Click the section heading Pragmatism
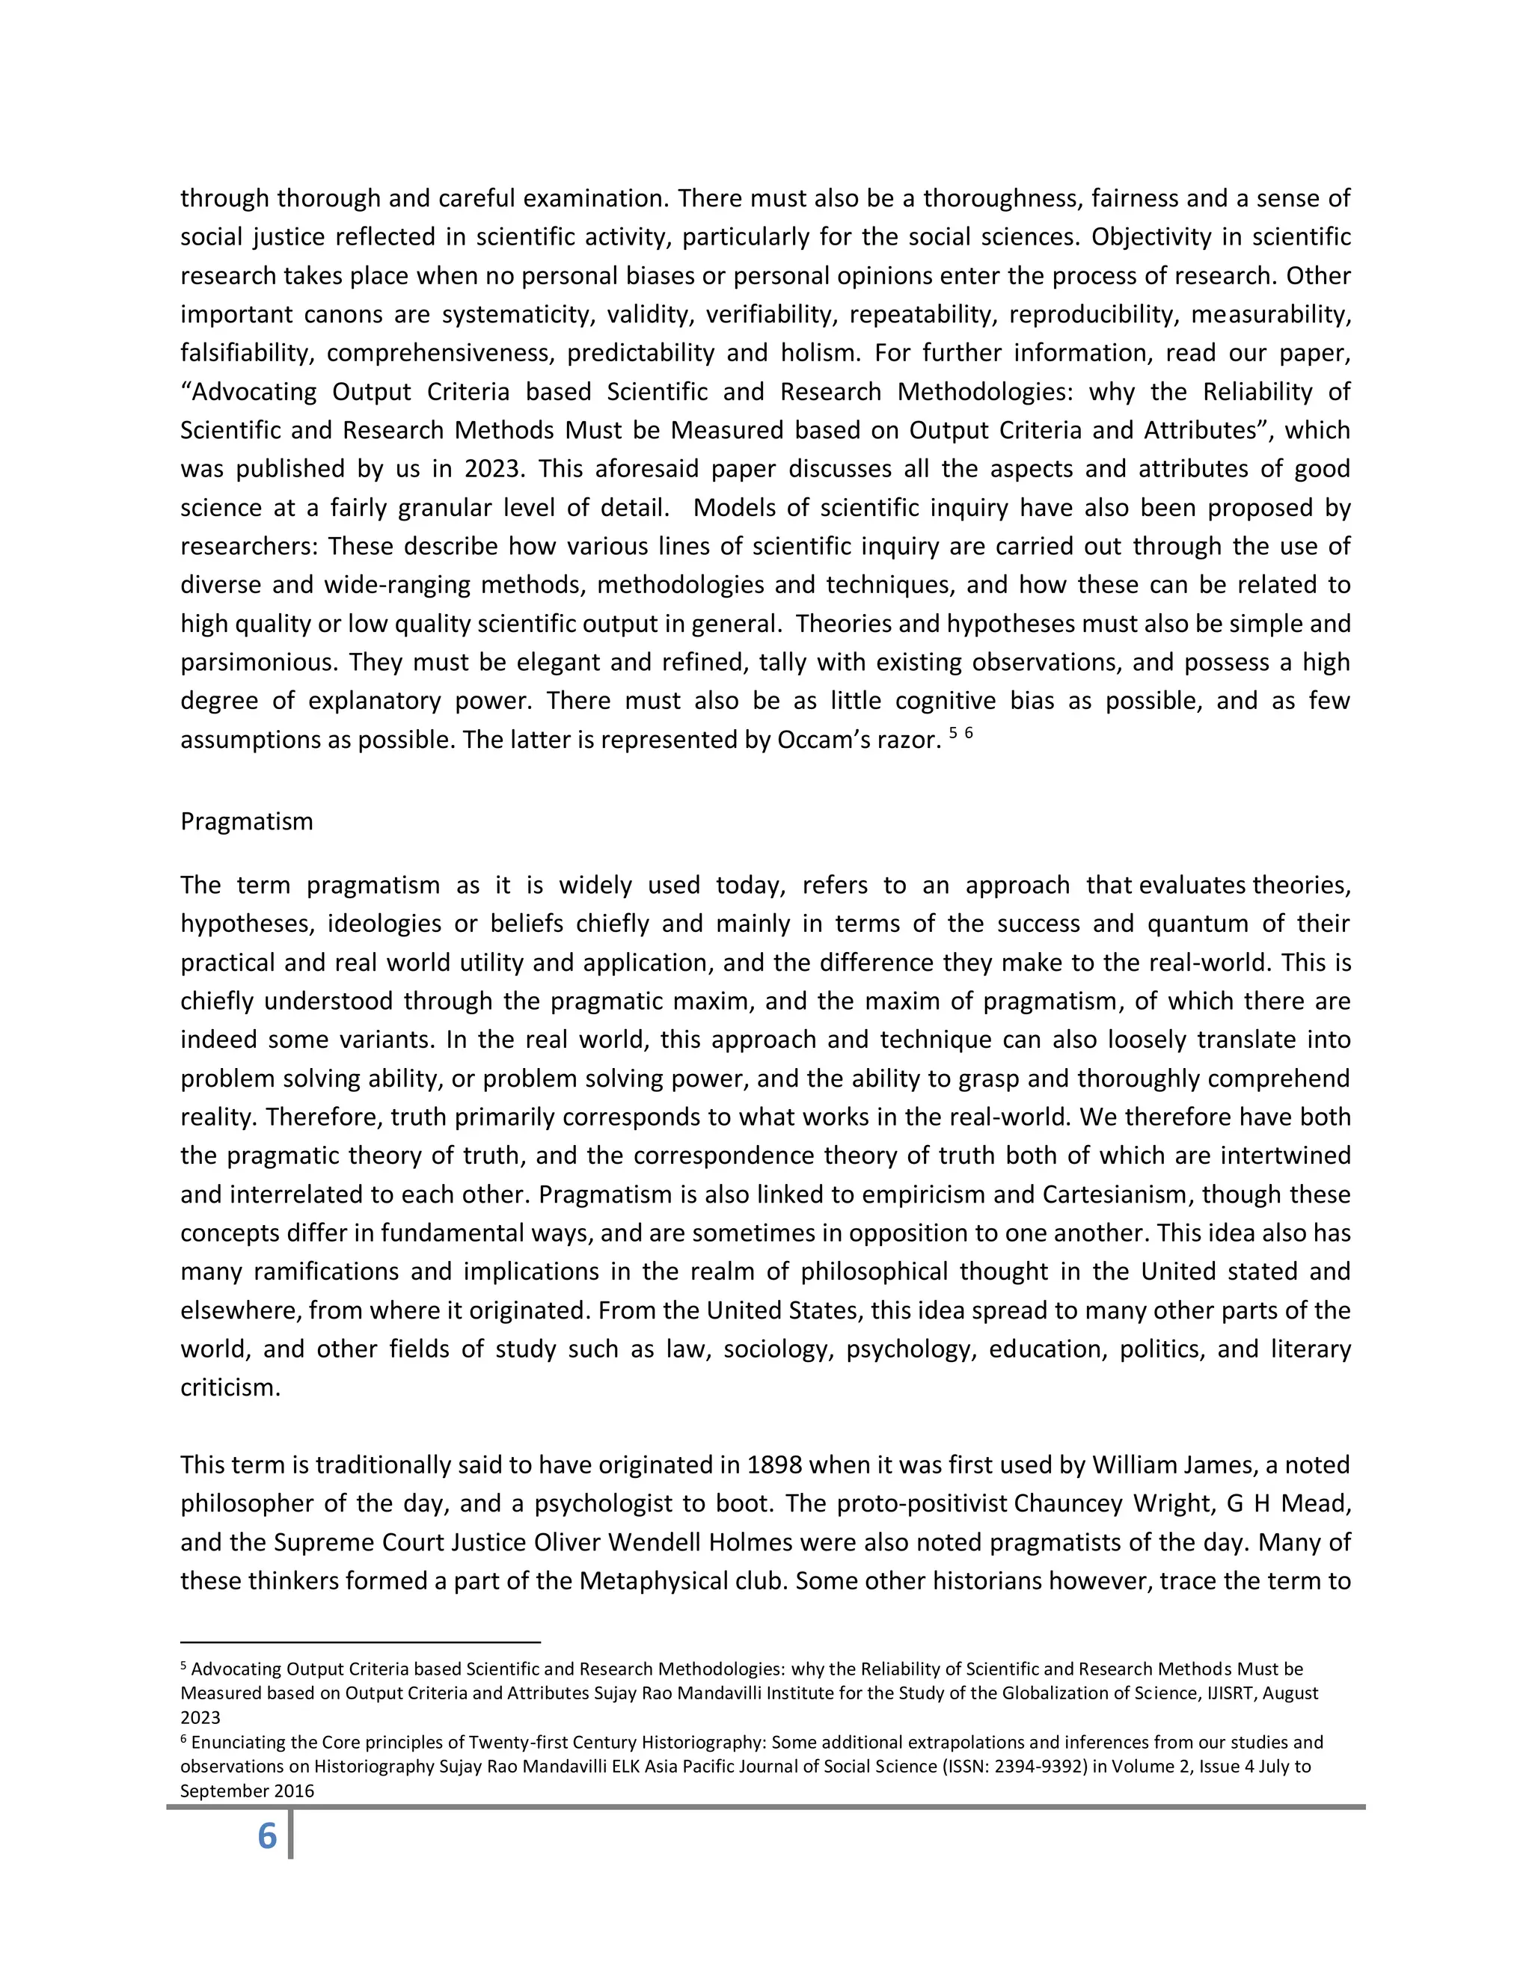click(246, 821)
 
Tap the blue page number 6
click(267, 1836)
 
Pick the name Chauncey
click(1068, 1504)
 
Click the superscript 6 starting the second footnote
click(183, 1740)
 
